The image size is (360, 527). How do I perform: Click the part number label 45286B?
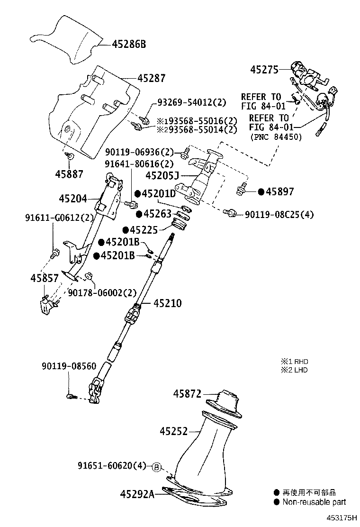[129, 45]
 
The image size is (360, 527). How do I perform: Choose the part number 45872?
[187, 393]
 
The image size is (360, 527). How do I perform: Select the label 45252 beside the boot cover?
[174, 431]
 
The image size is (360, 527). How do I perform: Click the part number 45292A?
[136, 494]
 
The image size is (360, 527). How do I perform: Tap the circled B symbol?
[157, 467]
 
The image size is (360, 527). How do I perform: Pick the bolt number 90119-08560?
[69, 366]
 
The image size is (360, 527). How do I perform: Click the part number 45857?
[45, 278]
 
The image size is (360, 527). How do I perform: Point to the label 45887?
[69, 174]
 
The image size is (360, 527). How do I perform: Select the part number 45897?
[279, 191]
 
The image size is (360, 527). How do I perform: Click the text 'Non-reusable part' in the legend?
[314, 502]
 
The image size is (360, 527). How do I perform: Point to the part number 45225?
[144, 230]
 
